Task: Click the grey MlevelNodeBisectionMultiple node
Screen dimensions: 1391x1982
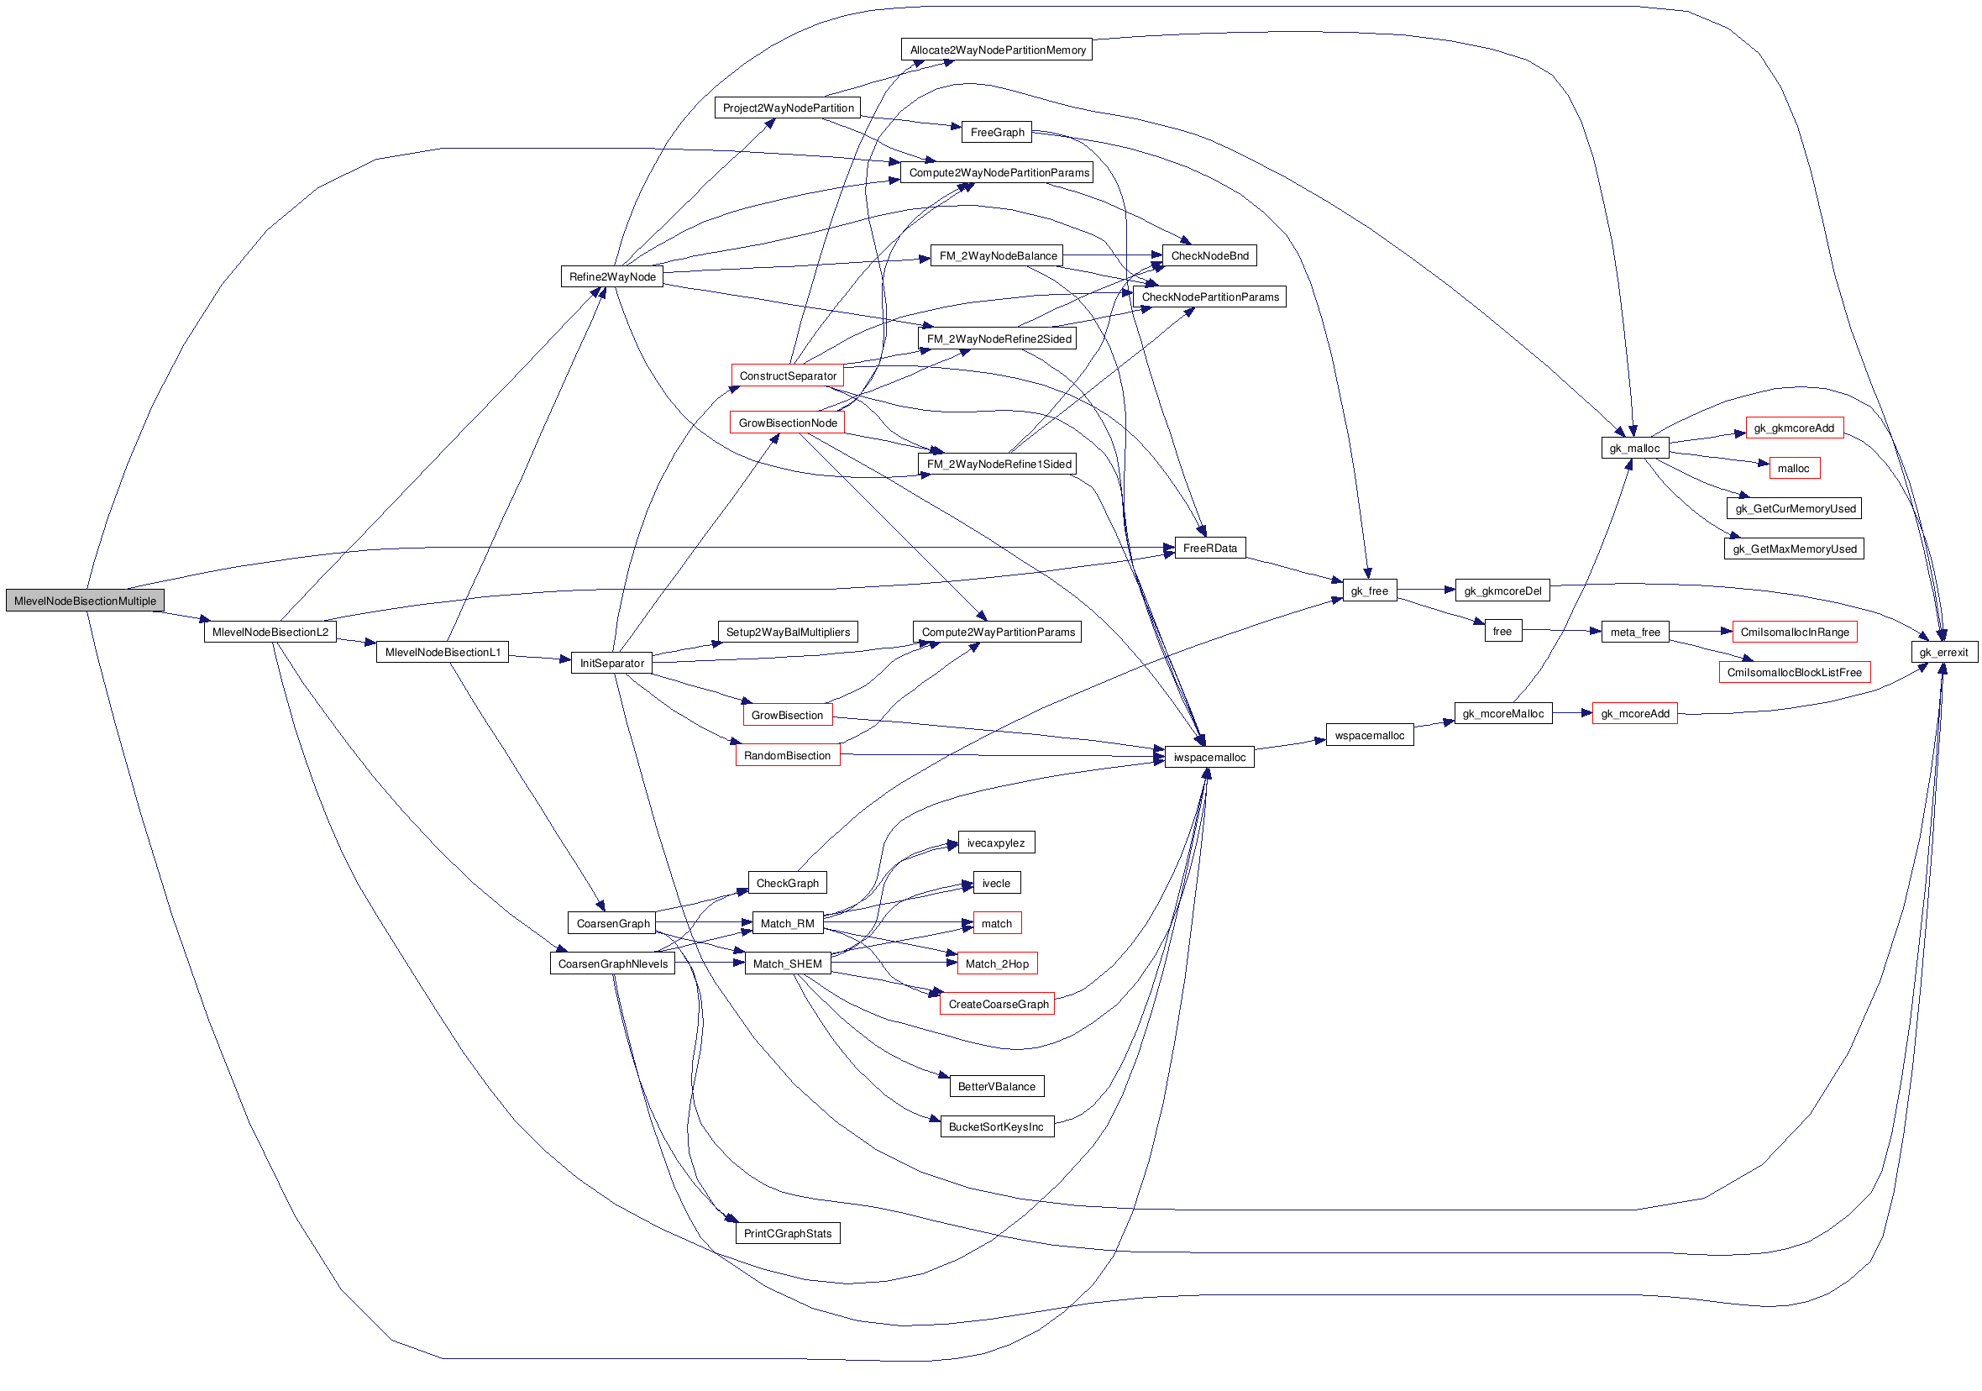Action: pos(85,601)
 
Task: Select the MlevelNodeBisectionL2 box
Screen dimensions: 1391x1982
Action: pos(270,632)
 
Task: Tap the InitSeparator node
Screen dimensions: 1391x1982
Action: pos(611,663)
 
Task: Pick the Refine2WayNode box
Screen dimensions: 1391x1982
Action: pos(612,277)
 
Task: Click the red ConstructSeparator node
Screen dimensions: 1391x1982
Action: pos(787,376)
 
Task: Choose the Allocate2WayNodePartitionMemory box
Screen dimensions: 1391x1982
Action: pos(997,50)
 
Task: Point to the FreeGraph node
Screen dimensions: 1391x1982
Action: pos(997,132)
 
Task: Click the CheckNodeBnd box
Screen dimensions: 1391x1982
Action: pos(1209,255)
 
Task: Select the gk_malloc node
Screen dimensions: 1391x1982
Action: pos(1634,448)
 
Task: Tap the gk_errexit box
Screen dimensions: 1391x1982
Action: pos(1943,652)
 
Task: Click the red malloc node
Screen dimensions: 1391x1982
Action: pos(1793,468)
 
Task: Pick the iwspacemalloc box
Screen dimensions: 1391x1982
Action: pos(1209,757)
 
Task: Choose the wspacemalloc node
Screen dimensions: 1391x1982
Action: pos(1369,736)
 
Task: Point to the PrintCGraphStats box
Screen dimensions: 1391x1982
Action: pos(787,1233)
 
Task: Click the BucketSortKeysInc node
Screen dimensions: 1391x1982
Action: pos(996,1126)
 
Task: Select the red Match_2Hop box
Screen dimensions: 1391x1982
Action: pos(997,963)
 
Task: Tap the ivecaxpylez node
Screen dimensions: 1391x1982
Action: pos(996,842)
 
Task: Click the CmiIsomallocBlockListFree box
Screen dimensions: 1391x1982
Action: pos(1794,673)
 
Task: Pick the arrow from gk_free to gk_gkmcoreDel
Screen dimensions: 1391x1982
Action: pos(1426,590)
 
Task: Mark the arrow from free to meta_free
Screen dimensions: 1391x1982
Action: pos(1560,631)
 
